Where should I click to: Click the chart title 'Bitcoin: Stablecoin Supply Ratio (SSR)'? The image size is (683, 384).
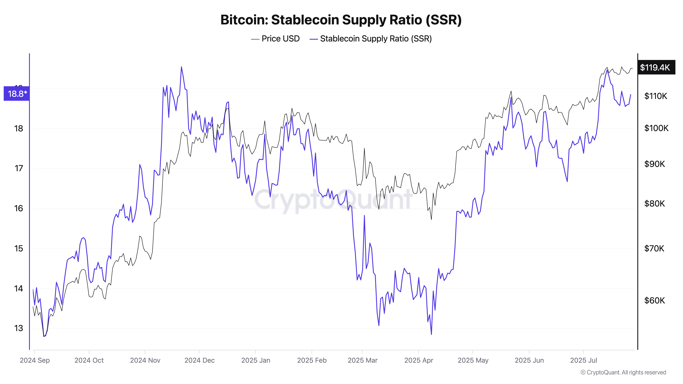point(341,20)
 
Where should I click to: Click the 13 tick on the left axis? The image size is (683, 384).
point(19,328)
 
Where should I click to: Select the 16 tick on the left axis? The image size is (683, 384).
point(19,209)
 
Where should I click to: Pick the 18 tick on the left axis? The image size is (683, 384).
point(19,129)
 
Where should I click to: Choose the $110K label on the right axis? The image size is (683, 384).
point(656,96)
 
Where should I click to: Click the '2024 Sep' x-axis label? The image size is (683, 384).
point(35,360)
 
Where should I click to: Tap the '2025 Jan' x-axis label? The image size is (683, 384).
point(256,360)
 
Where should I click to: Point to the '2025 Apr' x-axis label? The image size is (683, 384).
point(419,360)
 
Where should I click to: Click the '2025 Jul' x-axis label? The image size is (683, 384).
point(584,360)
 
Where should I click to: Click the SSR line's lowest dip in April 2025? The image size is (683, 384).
point(431,334)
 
